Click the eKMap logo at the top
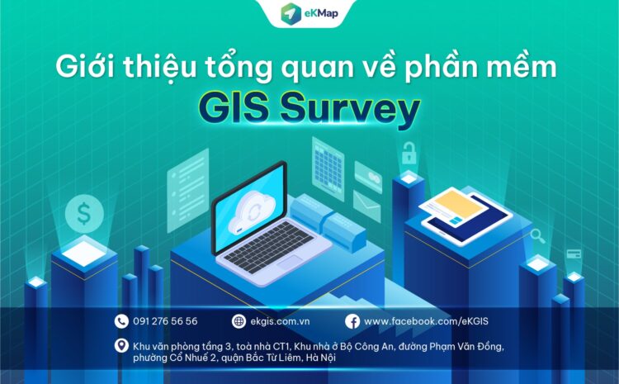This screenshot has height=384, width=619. coord(309,14)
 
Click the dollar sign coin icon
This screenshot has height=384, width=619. coord(83,214)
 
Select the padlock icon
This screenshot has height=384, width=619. coord(409,153)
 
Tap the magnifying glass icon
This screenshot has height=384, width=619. coord(537,236)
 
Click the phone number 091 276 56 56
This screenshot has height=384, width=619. coord(165,321)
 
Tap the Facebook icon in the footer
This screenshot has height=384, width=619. coord(352,321)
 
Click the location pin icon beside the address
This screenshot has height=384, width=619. coord(122,346)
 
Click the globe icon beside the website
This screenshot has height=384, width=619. coord(239,321)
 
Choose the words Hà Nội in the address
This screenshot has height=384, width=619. coord(319,358)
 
